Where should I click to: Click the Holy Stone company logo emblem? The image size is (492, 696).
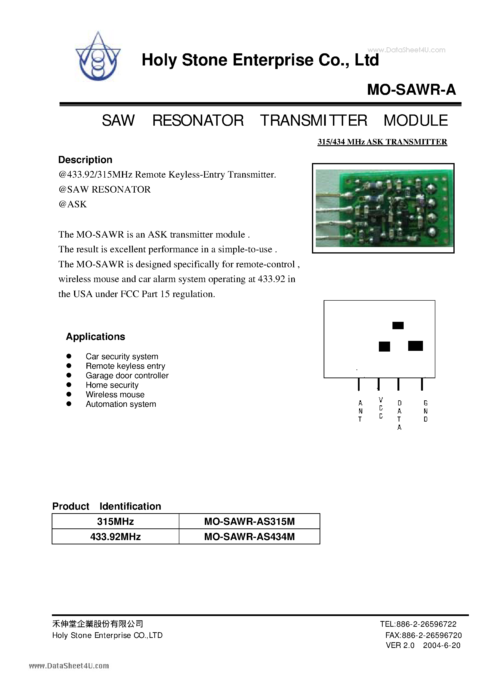(x=98, y=57)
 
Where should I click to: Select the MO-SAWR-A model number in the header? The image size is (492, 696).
(x=411, y=90)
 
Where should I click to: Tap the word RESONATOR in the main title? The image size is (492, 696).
(x=198, y=121)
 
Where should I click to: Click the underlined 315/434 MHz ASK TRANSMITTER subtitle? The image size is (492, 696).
(x=382, y=142)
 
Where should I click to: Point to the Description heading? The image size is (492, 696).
(x=85, y=160)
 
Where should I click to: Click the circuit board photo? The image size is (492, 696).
(x=383, y=208)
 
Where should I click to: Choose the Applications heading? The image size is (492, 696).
(x=95, y=337)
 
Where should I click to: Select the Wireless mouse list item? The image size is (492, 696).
(x=115, y=394)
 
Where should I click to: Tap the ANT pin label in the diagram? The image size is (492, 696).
(x=360, y=411)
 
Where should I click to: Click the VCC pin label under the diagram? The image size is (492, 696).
(x=381, y=408)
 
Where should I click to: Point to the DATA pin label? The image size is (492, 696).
(x=399, y=415)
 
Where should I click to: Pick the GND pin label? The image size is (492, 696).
(x=425, y=411)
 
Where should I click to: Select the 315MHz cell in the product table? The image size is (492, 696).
(x=115, y=521)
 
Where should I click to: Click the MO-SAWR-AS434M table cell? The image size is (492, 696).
(x=249, y=537)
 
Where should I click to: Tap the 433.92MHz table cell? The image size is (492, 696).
(x=115, y=537)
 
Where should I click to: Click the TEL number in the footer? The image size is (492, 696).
(x=418, y=624)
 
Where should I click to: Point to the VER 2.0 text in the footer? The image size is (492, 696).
(x=400, y=645)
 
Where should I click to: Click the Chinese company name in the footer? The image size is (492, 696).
(x=97, y=624)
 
